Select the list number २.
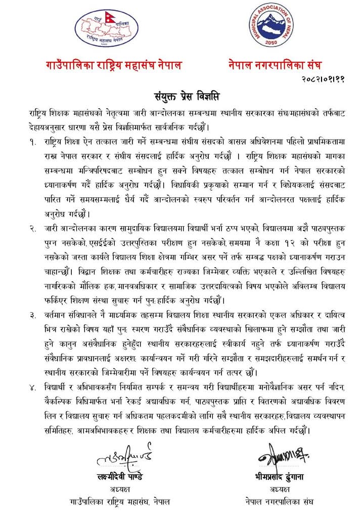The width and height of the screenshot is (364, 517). tap(33, 230)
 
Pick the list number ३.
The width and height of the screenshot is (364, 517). tap(33, 316)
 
